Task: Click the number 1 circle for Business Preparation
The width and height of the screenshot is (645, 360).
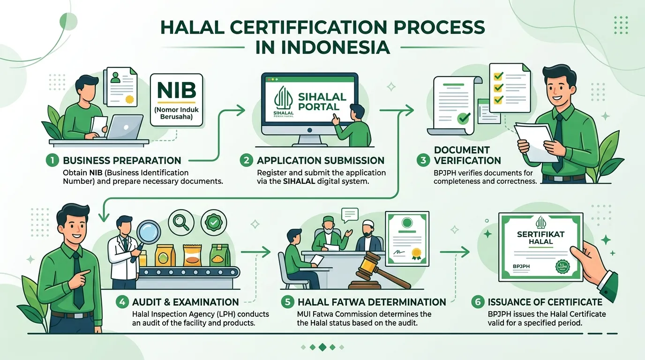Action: point(52,160)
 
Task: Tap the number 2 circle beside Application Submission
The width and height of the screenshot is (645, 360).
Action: point(246,160)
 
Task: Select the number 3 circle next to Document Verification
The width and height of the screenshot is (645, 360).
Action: point(423,160)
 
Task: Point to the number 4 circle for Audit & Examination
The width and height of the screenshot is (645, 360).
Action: point(122,302)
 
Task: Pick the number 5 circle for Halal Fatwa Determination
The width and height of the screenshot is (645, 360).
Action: point(287,302)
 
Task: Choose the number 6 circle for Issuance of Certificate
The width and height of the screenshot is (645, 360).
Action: point(478,302)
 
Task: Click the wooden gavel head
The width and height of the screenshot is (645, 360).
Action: point(369,262)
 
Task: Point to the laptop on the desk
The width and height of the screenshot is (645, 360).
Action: point(124,127)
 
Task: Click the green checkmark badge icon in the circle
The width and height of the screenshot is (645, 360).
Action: point(214,222)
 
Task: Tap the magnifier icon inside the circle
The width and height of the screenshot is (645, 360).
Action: point(181,222)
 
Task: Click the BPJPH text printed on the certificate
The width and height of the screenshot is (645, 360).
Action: point(521,266)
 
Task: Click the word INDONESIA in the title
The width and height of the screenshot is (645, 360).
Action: point(322,48)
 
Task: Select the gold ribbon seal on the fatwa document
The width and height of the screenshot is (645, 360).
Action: point(416,254)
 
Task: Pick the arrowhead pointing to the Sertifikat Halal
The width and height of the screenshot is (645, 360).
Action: point(465,252)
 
